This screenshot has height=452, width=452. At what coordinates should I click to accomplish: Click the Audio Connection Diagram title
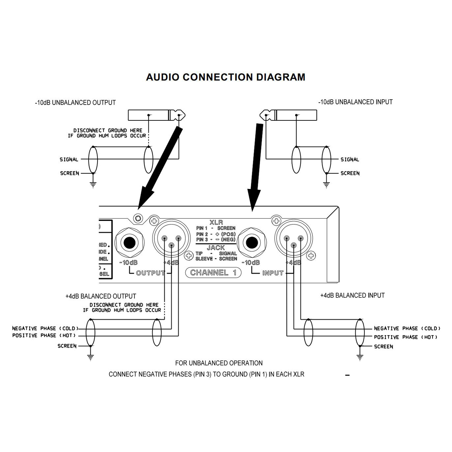(226, 77)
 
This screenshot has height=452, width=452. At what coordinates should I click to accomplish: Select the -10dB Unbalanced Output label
(75, 103)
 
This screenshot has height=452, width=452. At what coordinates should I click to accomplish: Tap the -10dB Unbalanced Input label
(355, 102)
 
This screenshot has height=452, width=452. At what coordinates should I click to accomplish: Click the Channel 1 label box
(213, 273)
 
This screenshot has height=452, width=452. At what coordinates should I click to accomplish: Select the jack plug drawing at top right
(289, 115)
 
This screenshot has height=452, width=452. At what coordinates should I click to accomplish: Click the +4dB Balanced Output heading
(101, 296)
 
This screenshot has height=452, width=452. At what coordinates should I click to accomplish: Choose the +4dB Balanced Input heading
(352, 296)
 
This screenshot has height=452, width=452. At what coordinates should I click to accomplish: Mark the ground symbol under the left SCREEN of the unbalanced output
(93, 184)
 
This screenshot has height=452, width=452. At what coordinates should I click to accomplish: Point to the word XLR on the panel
(216, 222)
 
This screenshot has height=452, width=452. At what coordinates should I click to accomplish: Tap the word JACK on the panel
(216, 248)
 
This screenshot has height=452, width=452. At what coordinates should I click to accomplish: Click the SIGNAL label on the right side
(350, 160)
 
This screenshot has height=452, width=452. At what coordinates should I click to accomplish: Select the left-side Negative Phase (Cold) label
(45, 328)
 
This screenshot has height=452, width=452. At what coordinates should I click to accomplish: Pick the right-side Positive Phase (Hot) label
(405, 337)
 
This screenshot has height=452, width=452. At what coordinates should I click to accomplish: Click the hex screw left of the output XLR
(138, 218)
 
